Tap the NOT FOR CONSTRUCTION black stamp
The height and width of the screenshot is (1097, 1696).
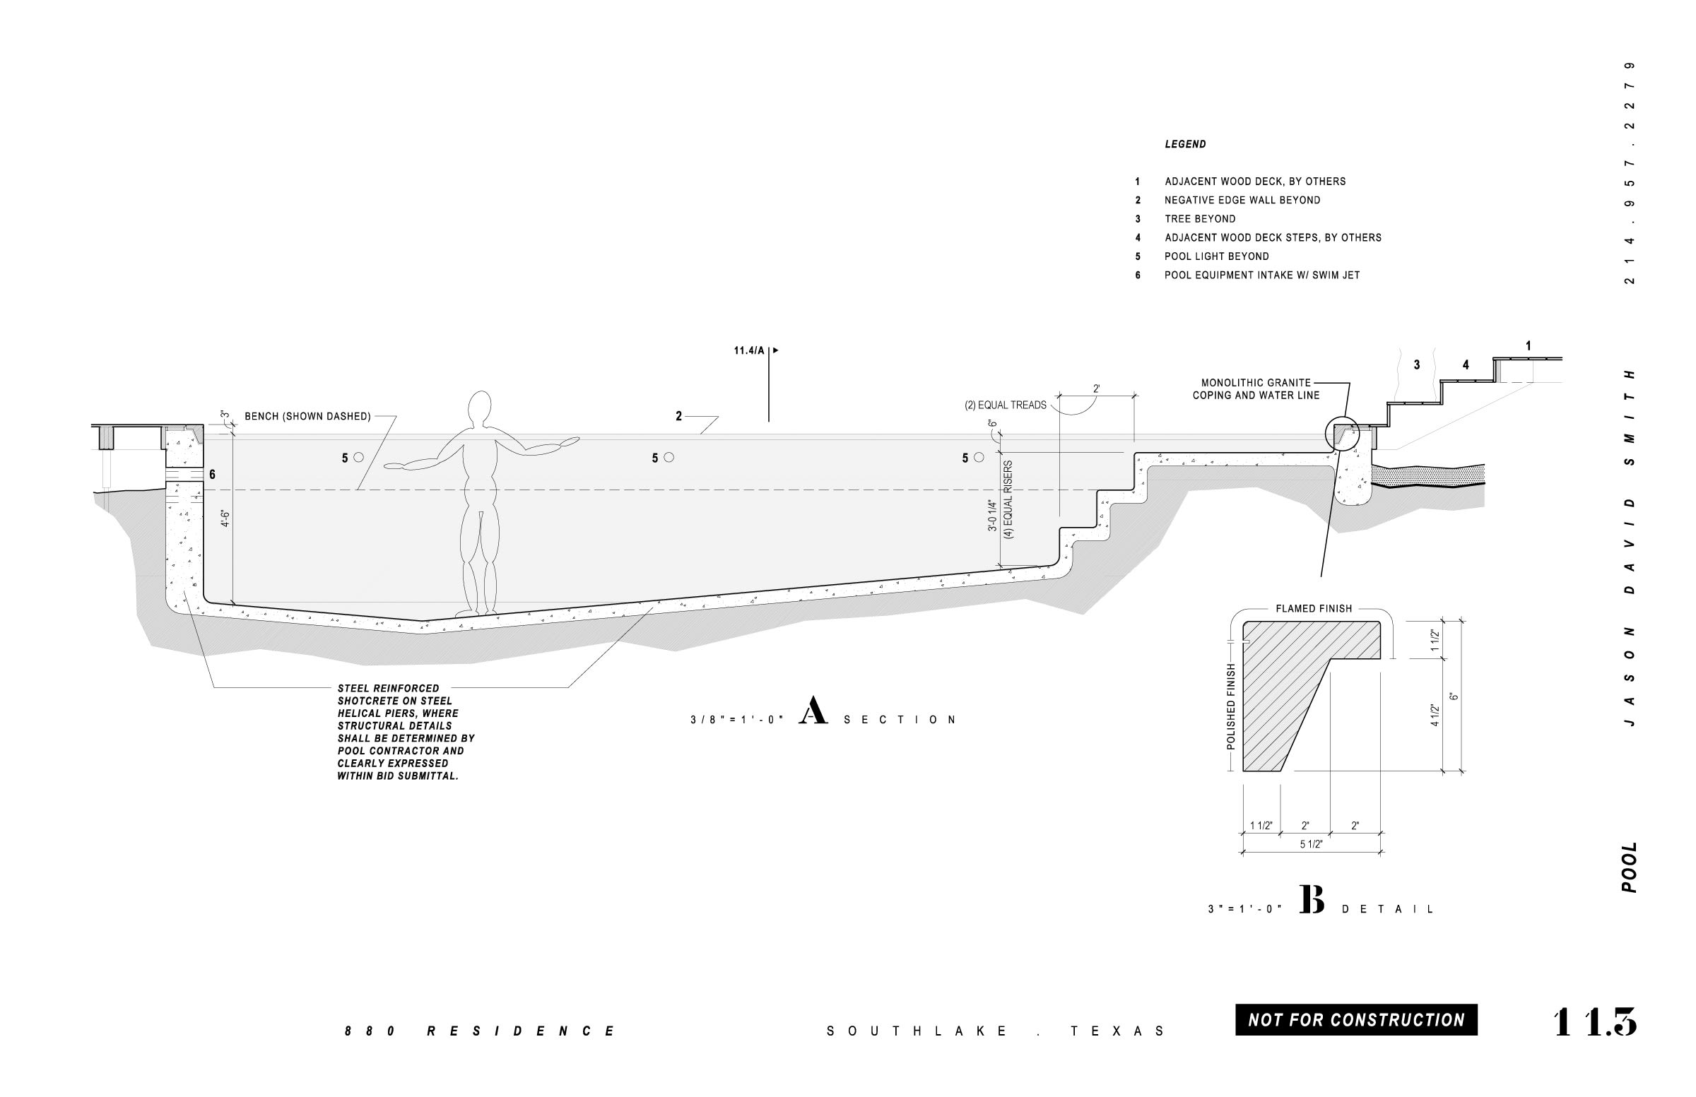[x=1355, y=1019]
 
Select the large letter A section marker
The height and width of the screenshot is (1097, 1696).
[x=813, y=711]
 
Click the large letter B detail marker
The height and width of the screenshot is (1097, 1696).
[x=1311, y=900]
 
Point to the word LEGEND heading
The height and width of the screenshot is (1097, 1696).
[x=1185, y=145]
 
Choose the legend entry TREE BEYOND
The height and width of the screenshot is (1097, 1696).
[x=1200, y=220]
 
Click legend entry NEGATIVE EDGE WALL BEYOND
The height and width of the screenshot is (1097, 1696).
[x=1242, y=200]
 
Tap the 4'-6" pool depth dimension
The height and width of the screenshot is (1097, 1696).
[x=226, y=518]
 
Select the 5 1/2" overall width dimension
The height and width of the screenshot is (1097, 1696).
[x=1311, y=844]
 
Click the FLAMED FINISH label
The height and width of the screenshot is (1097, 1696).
[x=1313, y=609]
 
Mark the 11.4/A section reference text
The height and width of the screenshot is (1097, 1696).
[x=749, y=350]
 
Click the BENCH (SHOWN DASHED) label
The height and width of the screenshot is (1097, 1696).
[x=307, y=417]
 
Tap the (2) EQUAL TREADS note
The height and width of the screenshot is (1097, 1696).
[x=1005, y=405]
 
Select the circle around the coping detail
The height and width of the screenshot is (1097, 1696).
[x=1342, y=433]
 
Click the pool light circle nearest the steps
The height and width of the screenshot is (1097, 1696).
[x=979, y=457]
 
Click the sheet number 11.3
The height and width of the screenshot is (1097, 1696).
[x=1594, y=1022]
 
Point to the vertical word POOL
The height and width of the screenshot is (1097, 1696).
[x=1629, y=867]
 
